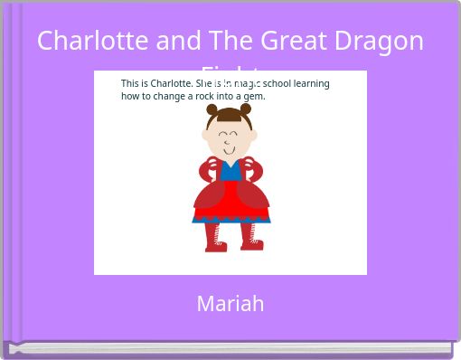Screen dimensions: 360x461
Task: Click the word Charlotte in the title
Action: (x=82, y=41)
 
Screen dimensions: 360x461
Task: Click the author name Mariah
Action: (x=230, y=304)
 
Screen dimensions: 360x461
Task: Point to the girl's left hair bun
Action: (x=212, y=110)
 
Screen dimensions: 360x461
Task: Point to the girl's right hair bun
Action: (x=246, y=109)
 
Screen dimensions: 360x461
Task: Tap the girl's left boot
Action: (x=214, y=237)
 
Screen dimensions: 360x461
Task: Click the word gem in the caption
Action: (x=255, y=96)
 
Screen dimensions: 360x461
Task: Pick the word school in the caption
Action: (x=280, y=83)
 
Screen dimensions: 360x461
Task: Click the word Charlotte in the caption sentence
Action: (x=170, y=83)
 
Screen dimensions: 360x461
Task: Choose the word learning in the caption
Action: (x=313, y=83)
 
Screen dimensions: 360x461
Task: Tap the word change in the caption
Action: (x=170, y=96)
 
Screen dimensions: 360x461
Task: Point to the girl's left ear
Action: (x=206, y=136)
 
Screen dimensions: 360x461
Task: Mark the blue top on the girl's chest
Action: (x=230, y=171)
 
